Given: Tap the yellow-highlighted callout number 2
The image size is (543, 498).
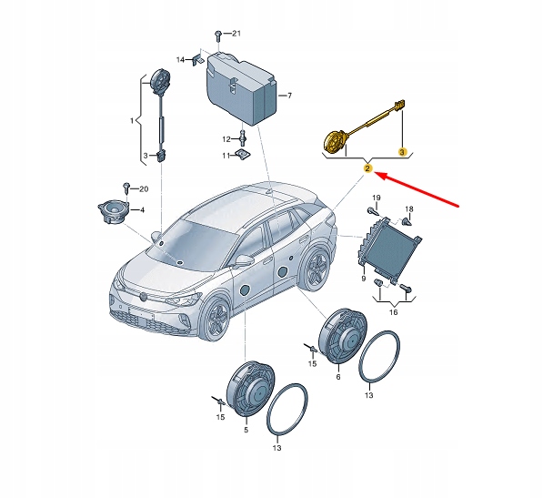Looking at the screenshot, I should (367, 168).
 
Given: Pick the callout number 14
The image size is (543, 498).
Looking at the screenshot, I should (181, 60).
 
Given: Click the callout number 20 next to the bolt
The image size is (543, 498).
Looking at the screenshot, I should (141, 188).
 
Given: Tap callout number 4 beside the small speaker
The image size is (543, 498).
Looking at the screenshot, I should (140, 211).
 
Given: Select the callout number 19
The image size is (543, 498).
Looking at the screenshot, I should (373, 198).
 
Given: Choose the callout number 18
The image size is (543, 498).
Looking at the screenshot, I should (408, 209).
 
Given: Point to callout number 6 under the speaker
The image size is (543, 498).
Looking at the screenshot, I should (337, 377).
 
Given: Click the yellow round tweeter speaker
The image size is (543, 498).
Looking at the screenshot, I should (334, 143).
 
